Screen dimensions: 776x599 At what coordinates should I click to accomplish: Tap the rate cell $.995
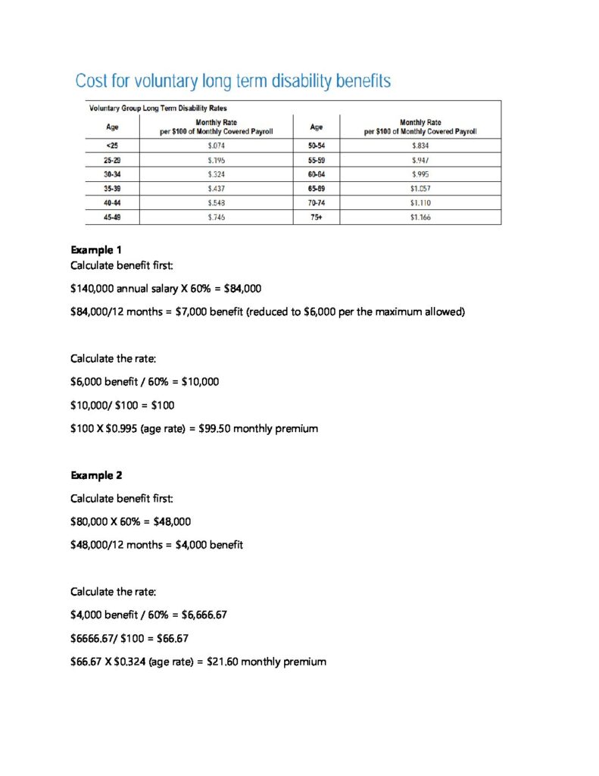[420, 174]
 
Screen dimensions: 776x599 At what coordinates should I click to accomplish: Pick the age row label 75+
[317, 217]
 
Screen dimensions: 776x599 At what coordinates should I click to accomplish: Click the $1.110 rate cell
[420, 203]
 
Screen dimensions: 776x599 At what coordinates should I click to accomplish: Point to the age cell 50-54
[317, 145]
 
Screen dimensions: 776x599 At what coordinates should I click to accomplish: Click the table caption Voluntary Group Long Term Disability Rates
[158, 108]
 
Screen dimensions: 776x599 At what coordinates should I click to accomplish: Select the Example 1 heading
[96, 250]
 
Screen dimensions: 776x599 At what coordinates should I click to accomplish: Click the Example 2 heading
[96, 476]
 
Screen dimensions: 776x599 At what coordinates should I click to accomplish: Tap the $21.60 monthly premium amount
[223, 662]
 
